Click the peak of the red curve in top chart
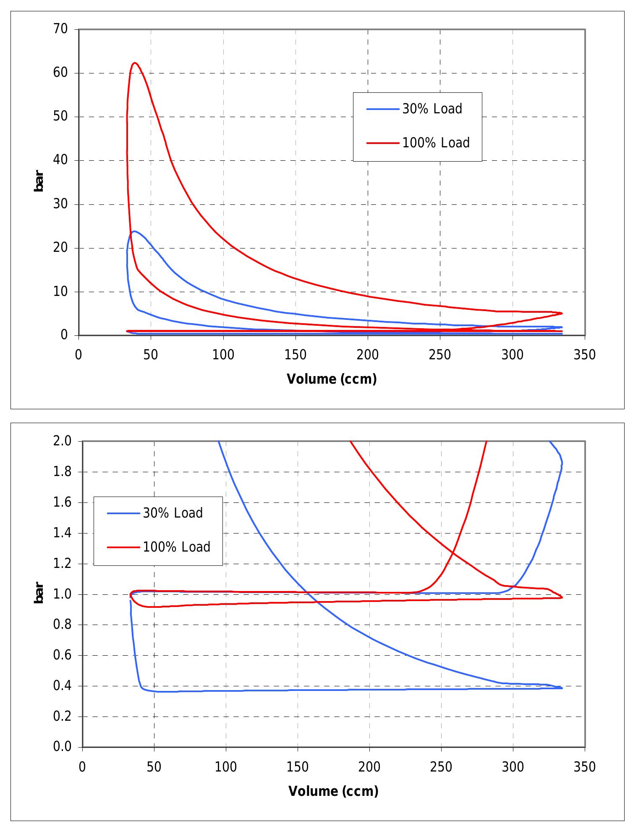click(x=135, y=63)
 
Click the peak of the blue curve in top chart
click(x=134, y=231)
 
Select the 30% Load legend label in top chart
click(x=432, y=109)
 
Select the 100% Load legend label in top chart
click(x=436, y=143)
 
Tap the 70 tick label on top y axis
click(x=60, y=29)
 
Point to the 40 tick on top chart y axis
click(x=60, y=160)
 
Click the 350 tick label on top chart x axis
click(x=584, y=355)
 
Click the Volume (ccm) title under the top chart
click(x=332, y=379)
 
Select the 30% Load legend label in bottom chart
click(x=173, y=513)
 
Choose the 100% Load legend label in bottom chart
click(x=176, y=547)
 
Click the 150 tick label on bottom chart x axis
click(x=298, y=767)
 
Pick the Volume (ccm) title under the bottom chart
click(x=333, y=791)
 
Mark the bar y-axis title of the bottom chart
click(x=39, y=593)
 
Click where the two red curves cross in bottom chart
click(x=453, y=550)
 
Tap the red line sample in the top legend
click(x=382, y=143)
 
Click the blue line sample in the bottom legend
click(x=123, y=513)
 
